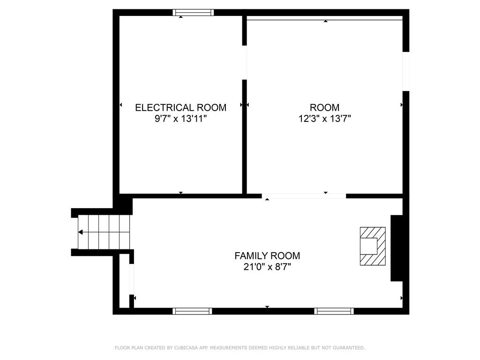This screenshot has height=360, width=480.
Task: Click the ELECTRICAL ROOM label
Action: pyautogui.click(x=180, y=107)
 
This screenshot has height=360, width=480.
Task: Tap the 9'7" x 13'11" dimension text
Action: pyautogui.click(x=180, y=119)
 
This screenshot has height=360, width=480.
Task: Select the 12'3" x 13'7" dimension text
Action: pyautogui.click(x=324, y=119)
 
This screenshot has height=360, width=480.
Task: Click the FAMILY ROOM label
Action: pyautogui.click(x=267, y=255)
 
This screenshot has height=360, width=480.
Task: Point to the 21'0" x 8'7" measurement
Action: pyautogui.click(x=267, y=267)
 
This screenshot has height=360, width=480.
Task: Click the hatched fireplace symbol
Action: pyautogui.click(x=373, y=246)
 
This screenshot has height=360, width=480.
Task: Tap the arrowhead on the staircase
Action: pyautogui.click(x=80, y=232)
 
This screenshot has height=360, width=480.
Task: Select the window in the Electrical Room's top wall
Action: pyautogui.click(x=193, y=13)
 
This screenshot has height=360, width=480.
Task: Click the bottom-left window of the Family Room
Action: pyautogui.click(x=192, y=311)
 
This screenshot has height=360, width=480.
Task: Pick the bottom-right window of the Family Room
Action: pyautogui.click(x=334, y=311)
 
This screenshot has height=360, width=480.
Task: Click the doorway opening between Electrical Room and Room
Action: pyautogui.click(x=245, y=62)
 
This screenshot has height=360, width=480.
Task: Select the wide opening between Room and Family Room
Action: pyautogui.click(x=304, y=196)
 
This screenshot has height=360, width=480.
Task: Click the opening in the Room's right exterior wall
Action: pyautogui.click(x=406, y=71)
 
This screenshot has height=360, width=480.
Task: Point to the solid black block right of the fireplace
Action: pyautogui.click(x=397, y=248)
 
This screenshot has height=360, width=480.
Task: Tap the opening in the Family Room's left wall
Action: pyautogui.click(x=132, y=279)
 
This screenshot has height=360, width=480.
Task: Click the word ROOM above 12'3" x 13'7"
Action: pyautogui.click(x=324, y=107)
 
